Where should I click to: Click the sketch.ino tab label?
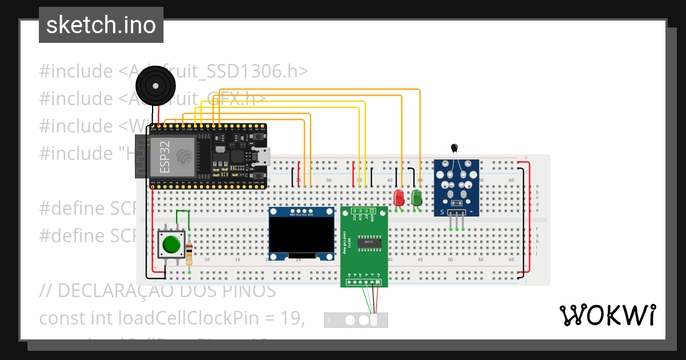pyautogui.click(x=101, y=25)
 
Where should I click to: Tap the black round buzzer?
pyautogui.click(x=154, y=86)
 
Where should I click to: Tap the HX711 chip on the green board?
pyautogui.click(x=365, y=242)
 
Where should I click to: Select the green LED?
pyautogui.click(x=417, y=198)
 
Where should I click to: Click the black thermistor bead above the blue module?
pyautogui.click(x=455, y=149)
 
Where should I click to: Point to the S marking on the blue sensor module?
pyautogui.click(x=441, y=213)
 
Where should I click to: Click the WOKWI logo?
pyautogui.click(x=607, y=315)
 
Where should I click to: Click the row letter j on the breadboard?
pyautogui.click(x=536, y=253)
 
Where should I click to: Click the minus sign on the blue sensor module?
pyautogui.click(x=471, y=213)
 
